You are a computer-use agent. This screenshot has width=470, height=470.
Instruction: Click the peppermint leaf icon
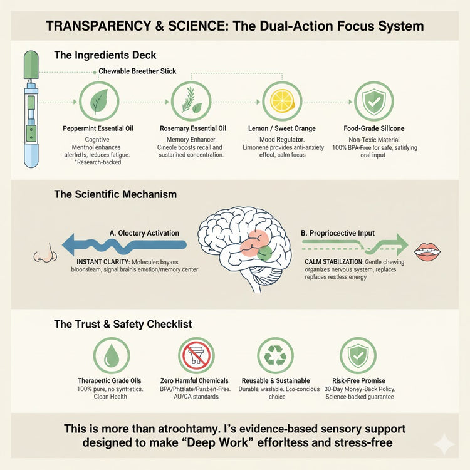point(99,101)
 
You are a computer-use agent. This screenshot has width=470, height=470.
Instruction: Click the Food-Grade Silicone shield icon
point(374,101)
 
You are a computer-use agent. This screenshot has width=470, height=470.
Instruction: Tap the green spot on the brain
point(264,253)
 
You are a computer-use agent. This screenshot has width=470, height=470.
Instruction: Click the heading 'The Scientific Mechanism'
point(115,194)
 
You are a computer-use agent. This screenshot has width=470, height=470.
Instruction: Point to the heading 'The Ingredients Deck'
point(105,55)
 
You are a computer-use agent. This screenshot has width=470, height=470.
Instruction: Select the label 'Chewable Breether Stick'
point(137,71)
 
